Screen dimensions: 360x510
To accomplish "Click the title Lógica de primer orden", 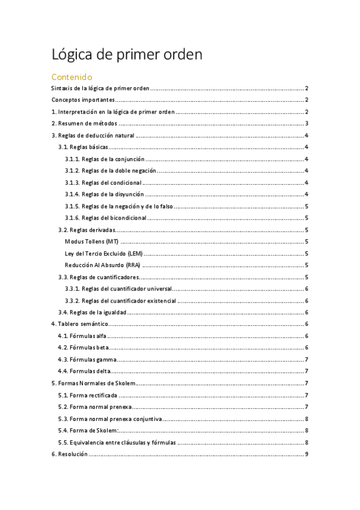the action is tap(127, 55).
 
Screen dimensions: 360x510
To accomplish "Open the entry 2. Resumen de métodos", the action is tap(84, 123).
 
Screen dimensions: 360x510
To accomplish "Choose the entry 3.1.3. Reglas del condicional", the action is tap(103, 182).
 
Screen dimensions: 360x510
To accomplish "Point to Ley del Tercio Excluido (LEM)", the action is tap(103, 253).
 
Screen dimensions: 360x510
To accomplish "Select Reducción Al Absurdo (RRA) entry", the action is tap(103, 265).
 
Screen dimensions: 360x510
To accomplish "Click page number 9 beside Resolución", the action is tap(307, 453).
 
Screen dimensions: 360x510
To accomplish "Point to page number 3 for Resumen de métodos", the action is tap(307, 123).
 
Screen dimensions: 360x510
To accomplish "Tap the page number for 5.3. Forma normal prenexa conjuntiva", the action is tap(307, 418).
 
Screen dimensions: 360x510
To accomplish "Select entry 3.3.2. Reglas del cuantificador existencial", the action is tap(121, 300).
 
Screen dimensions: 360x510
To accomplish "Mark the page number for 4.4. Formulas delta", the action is tap(307, 371).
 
